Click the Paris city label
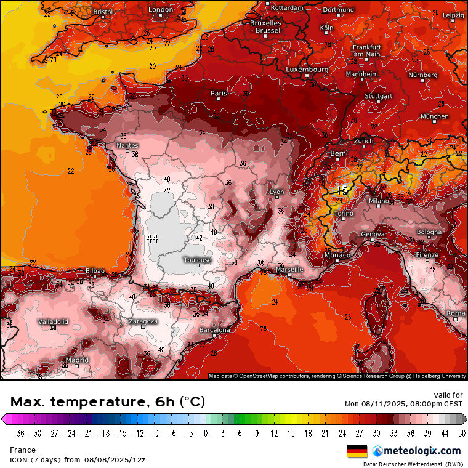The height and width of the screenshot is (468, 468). click(x=219, y=94)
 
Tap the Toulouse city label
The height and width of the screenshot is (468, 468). click(x=197, y=260)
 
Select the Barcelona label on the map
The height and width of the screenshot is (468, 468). click(x=214, y=331)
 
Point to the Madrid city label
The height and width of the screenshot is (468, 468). click(x=77, y=360)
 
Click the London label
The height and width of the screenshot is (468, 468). click(x=161, y=10)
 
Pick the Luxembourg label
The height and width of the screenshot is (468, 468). click(x=307, y=70)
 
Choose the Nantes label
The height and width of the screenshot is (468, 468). click(x=127, y=146)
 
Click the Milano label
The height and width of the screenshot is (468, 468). click(x=379, y=201)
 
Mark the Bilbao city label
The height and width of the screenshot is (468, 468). click(x=95, y=271)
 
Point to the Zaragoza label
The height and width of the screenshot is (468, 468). click(x=143, y=321)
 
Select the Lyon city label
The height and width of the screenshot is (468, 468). click(x=277, y=192)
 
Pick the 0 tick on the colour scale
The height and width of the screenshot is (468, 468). click(x=206, y=433)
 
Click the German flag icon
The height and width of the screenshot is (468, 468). click(x=357, y=451)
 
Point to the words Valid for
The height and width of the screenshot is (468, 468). click(x=448, y=395)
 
